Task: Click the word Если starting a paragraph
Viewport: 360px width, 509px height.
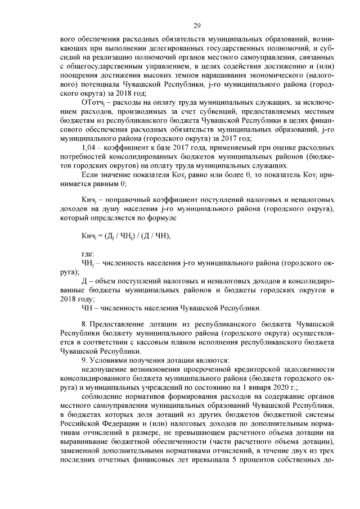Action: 91,175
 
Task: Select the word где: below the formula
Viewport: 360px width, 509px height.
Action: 88,254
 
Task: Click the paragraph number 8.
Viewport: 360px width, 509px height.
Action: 84,325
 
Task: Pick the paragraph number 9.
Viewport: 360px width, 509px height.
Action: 84,359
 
